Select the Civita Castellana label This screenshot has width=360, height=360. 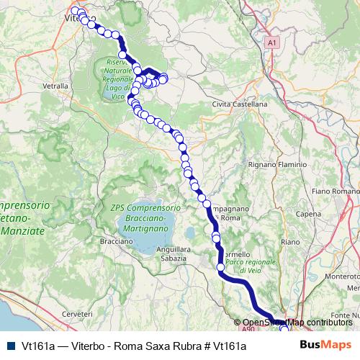click(240, 104)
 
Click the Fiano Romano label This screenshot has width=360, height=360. click(335, 192)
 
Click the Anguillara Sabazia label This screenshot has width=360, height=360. click(173, 253)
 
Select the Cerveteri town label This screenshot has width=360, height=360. click(78, 315)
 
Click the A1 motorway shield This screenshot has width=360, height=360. click(271, 43)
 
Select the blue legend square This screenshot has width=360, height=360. click(10, 346)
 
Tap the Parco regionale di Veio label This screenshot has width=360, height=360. click(250, 266)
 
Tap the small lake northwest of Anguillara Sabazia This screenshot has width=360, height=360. click(190, 234)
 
